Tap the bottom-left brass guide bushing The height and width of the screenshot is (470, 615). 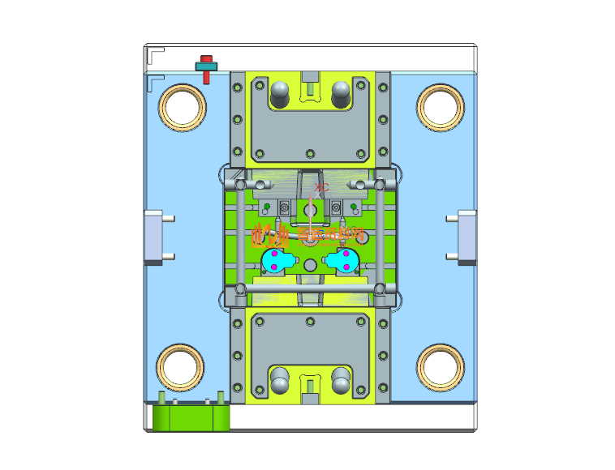(181, 366)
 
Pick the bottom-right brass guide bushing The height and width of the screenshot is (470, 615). (440, 366)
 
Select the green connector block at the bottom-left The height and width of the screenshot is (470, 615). (191, 417)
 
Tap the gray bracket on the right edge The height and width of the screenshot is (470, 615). (467, 237)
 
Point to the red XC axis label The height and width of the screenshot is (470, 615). (321, 187)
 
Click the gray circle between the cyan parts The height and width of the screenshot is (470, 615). (310, 266)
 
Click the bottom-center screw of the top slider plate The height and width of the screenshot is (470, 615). (311, 152)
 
